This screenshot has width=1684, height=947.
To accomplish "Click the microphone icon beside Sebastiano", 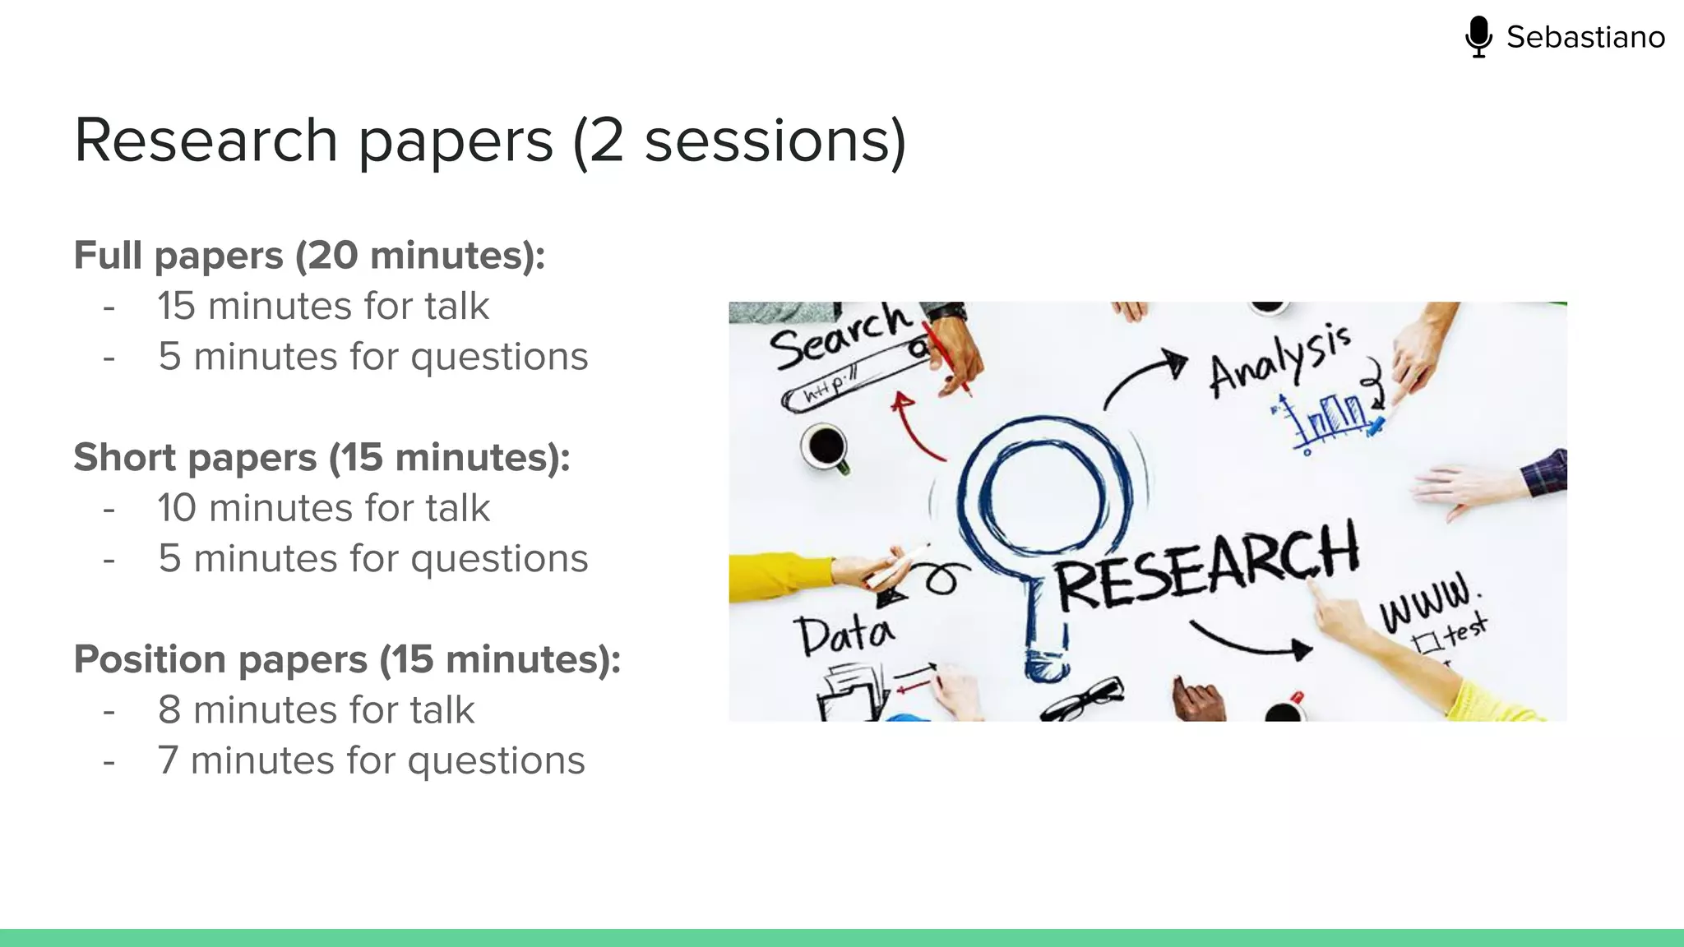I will pyautogui.click(x=1478, y=37).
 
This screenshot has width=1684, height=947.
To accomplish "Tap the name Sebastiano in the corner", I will pyautogui.click(x=1585, y=37).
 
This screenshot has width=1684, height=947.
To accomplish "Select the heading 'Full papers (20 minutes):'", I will pyautogui.click(x=309, y=255).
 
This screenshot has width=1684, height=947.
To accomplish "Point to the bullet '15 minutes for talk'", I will pyautogui.click(x=323, y=306).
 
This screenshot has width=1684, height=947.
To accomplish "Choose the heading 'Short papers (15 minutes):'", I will pyautogui.click(x=322, y=457).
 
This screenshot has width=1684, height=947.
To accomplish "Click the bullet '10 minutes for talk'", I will pyautogui.click(x=324, y=508).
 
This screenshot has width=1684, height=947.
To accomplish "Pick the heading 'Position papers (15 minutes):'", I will pyautogui.click(x=347, y=659).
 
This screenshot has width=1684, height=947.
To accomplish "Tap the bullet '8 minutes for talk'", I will pyautogui.click(x=316, y=710).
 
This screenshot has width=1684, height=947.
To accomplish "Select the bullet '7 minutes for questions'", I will pyautogui.click(x=371, y=760).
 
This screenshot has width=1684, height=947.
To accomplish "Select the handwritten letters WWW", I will pyautogui.click(x=1427, y=603).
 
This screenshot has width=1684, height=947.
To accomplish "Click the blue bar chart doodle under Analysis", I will pyautogui.click(x=1332, y=419).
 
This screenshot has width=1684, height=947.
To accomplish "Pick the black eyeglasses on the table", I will pyautogui.click(x=1084, y=700).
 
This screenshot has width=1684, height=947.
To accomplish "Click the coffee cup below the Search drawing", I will pyautogui.click(x=826, y=447).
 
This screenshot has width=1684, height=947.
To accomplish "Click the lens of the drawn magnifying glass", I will pyautogui.click(x=1044, y=493).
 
